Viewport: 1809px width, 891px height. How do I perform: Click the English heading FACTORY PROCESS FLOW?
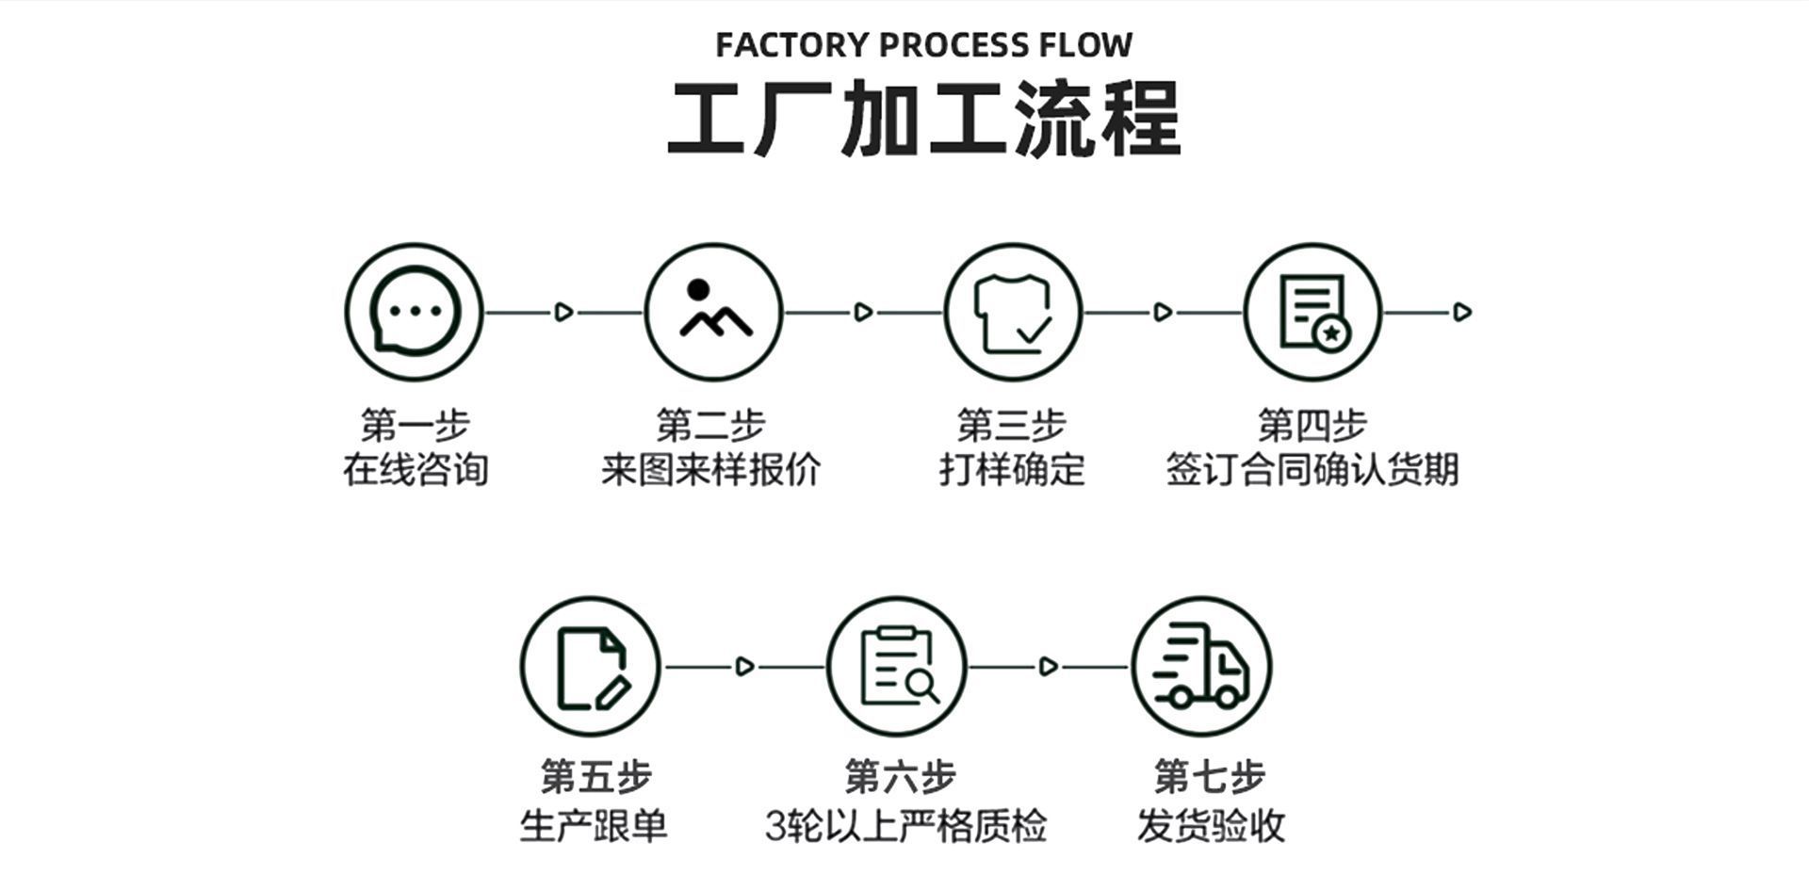923,45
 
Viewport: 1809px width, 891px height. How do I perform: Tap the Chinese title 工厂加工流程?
923,120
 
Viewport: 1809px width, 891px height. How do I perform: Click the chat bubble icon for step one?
414,312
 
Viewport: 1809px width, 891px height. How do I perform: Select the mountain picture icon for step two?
713,312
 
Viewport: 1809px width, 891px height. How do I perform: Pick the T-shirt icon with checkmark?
1013,312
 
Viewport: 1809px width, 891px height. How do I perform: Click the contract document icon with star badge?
1312,312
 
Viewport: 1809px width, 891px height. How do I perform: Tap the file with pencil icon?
591,667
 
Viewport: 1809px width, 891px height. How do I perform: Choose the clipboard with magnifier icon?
897,667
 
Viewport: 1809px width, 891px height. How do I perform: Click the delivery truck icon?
1201,667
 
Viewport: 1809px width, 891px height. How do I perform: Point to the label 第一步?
415,425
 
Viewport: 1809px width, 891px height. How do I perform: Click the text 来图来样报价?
711,469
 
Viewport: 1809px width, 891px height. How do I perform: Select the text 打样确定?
1012,469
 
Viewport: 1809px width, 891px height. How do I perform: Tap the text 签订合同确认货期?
1312,469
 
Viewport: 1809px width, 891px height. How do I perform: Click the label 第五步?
595,777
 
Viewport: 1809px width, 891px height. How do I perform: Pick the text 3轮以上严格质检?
905,826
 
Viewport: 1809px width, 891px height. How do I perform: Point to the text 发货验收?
1211,826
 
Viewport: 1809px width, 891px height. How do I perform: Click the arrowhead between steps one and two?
563,312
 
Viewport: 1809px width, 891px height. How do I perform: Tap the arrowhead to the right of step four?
1462,312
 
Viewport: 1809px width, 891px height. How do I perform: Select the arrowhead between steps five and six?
744,667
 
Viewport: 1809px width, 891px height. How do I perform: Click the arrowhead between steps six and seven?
1048,667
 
